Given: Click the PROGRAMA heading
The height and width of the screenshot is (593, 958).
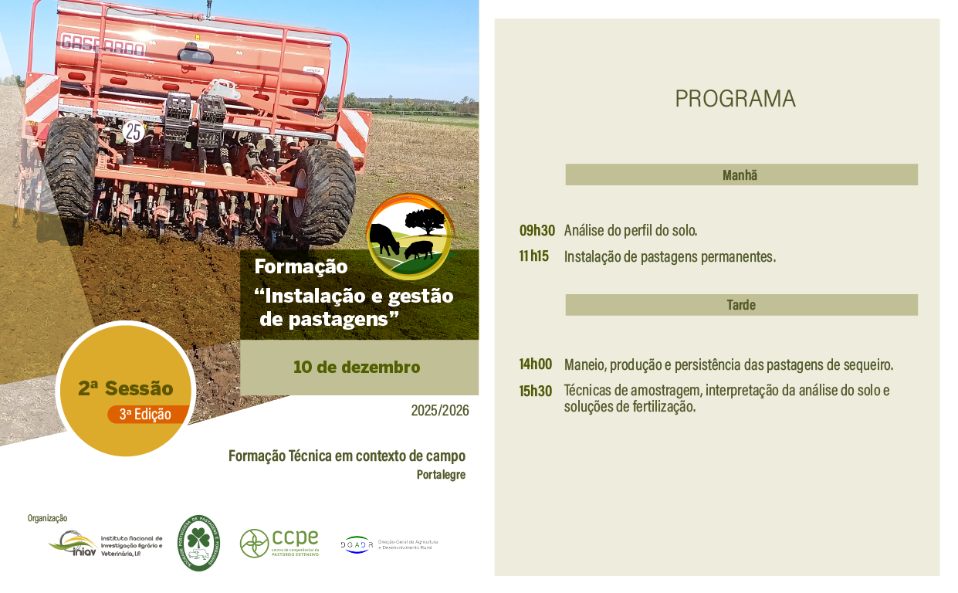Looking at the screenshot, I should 735,99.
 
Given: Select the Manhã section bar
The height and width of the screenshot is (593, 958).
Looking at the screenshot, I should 741,175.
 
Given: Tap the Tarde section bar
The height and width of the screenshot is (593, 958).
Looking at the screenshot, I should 741,305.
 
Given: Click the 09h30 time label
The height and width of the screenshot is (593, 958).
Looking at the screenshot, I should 537,230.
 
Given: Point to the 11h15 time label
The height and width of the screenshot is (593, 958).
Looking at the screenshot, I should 534,256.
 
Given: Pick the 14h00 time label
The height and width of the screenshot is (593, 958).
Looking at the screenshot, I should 536,364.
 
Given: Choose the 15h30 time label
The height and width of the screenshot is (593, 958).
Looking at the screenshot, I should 536,391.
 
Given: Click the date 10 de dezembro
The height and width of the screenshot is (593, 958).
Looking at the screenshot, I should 357,367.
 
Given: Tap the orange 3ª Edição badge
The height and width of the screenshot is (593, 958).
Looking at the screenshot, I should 147,414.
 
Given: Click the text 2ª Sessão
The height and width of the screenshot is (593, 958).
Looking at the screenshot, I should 125,388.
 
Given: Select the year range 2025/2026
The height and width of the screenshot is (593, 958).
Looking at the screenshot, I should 440,410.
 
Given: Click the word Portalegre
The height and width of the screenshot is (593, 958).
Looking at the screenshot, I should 441,475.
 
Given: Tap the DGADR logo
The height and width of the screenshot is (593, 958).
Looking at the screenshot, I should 357,544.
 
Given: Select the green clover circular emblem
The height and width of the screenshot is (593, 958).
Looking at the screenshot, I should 198,544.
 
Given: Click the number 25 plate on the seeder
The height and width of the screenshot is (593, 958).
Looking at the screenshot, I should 134,131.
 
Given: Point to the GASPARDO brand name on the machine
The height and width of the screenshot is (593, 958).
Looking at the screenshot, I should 103,46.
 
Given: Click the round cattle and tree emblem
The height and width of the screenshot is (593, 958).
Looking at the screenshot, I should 410,236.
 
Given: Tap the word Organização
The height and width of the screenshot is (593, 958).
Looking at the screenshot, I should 48,518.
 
